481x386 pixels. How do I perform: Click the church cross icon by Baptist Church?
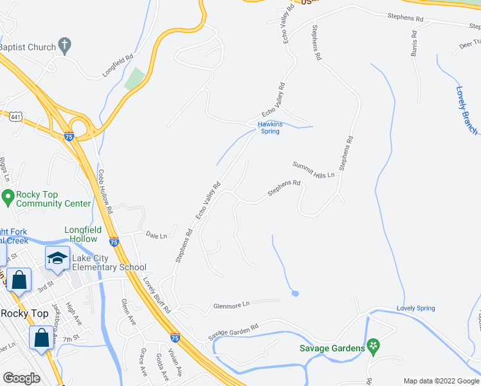point(64,45)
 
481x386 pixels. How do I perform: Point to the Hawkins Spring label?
point(269,127)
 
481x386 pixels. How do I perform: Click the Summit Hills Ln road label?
point(314,170)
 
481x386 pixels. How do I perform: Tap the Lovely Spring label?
point(415,308)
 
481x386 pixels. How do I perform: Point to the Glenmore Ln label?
point(231,304)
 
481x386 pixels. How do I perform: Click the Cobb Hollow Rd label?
point(105,191)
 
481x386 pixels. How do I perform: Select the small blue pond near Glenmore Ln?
point(295,293)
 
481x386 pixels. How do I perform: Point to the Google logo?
point(21,378)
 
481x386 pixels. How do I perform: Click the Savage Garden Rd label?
point(233,332)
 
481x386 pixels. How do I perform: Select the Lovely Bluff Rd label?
point(156,295)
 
